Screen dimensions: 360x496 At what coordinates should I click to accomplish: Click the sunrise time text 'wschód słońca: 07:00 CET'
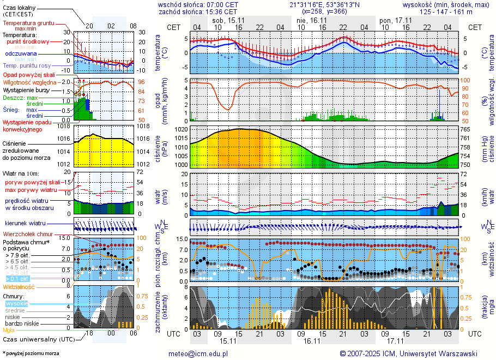coord(198,4)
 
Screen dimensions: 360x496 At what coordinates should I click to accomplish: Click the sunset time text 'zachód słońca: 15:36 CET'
coord(198,11)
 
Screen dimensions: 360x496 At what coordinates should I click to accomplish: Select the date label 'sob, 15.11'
coord(229,20)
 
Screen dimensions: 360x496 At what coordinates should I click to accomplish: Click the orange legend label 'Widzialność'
coord(19,286)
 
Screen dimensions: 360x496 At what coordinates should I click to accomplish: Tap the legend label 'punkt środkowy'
coord(28,41)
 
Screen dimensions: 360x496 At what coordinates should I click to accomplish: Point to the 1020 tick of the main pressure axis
coord(182,129)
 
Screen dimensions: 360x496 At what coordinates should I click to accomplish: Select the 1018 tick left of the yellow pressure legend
coord(65,126)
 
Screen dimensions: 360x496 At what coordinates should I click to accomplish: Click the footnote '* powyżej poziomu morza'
coord(31,353)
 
